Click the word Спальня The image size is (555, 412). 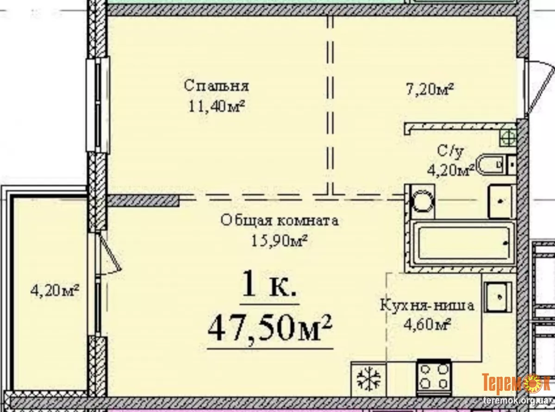pyautogui.click(x=216, y=86)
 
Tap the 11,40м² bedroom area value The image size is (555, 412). pyautogui.click(x=216, y=106)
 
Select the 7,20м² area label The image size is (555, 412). pyautogui.click(x=430, y=89)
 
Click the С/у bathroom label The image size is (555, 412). pyautogui.click(x=450, y=151)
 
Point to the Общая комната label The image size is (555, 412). pyautogui.click(x=279, y=220)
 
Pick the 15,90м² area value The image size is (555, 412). pyautogui.click(x=279, y=241)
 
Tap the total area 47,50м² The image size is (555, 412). pyautogui.click(x=270, y=328)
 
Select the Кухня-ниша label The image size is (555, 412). pyautogui.click(x=427, y=305)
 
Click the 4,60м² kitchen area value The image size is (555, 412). pyautogui.click(x=427, y=324)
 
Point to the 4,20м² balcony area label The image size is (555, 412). pyautogui.click(x=55, y=291)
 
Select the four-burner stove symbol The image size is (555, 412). pyautogui.click(x=434, y=377)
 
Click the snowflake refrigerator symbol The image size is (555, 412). pyautogui.click(x=368, y=379)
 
